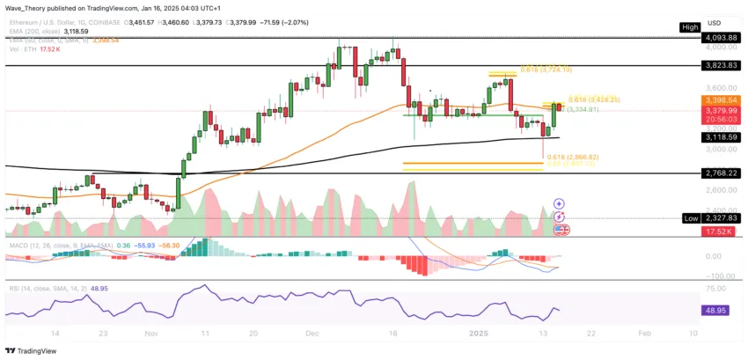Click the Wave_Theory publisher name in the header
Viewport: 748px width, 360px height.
tap(25, 8)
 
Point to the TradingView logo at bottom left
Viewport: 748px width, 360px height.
tap(33, 349)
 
